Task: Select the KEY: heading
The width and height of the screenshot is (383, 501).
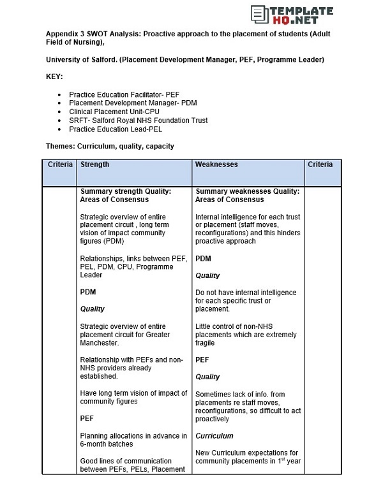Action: point(54,76)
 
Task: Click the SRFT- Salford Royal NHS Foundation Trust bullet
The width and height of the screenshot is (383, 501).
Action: point(138,120)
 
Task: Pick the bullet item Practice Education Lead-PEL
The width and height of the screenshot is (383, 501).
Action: point(116,129)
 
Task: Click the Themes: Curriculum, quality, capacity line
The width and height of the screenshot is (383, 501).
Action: point(110,146)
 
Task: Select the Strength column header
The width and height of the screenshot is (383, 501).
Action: point(94,164)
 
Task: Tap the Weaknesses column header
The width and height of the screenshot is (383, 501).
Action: point(216,164)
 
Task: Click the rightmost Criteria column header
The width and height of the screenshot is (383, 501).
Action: point(320,164)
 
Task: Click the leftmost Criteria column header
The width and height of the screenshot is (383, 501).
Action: point(61,164)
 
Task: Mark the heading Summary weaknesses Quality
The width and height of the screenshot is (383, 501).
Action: point(248,191)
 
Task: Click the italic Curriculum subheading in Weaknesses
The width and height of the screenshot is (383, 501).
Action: point(214,436)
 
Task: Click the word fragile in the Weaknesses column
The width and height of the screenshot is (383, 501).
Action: point(205,343)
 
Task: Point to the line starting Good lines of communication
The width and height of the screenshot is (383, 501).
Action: point(126,461)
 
